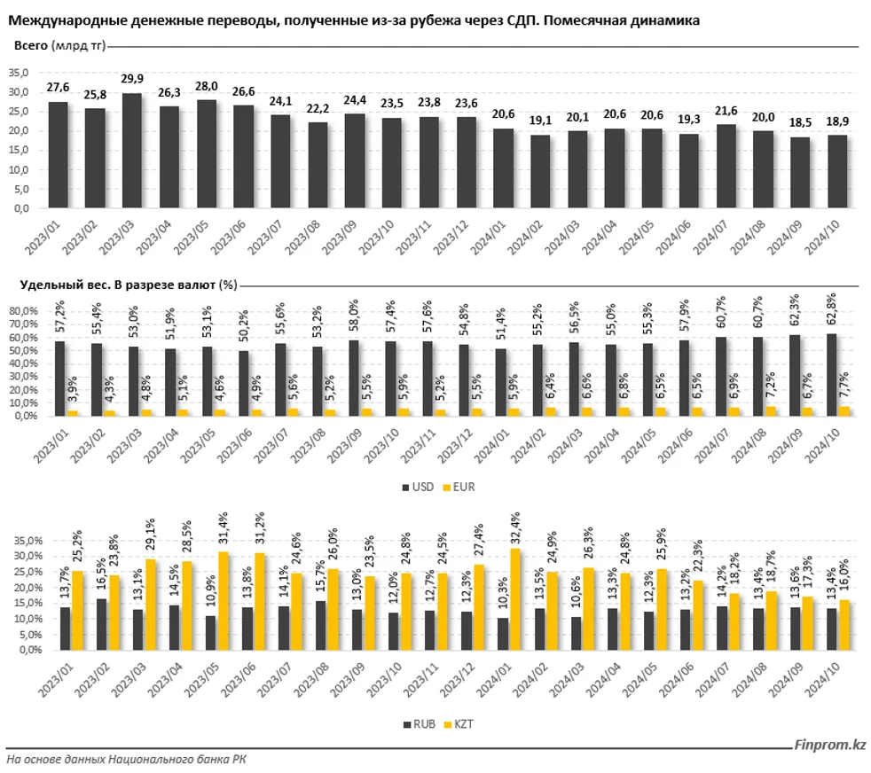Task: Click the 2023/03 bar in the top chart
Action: (132, 151)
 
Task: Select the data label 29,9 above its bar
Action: (132, 80)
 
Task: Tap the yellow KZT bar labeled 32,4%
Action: (517, 598)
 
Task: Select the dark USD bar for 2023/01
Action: (59, 378)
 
